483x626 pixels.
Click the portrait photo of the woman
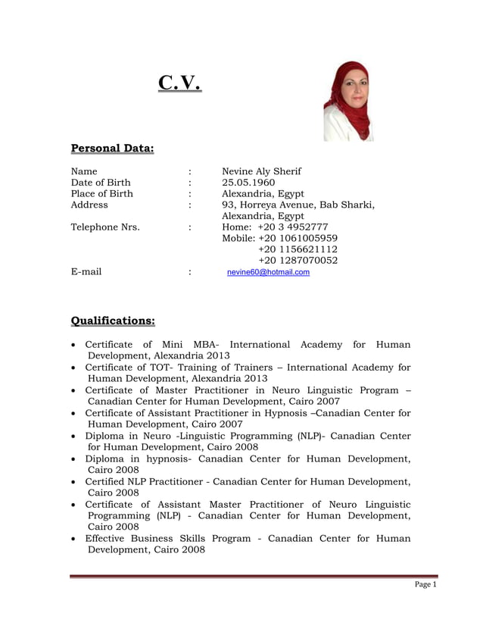tap(348, 101)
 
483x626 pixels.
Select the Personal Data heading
tap(112, 148)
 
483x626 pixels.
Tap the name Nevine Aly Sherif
tap(261, 171)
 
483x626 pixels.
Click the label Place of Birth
tap(101, 194)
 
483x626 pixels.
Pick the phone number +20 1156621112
tap(298, 249)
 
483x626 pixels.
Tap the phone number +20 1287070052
tap(298, 261)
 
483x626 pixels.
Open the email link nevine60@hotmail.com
tap(268, 272)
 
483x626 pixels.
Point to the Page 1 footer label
tap(425, 584)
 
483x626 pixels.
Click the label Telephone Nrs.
tap(105, 227)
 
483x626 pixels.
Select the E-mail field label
tap(86, 272)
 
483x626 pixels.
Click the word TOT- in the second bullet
tap(163, 368)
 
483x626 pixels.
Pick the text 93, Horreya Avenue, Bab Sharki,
tap(298, 205)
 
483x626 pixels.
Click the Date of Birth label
tap(100, 183)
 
